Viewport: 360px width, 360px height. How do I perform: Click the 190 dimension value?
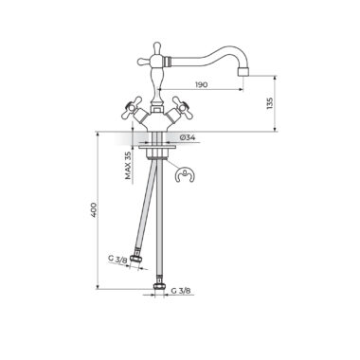click(202, 85)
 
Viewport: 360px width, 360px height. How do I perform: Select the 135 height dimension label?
click(270, 103)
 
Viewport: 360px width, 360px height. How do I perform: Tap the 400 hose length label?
click(94, 209)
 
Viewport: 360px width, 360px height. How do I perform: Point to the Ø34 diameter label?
click(188, 137)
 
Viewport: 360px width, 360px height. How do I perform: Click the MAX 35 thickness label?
click(128, 165)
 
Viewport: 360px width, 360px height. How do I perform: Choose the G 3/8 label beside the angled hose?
click(117, 259)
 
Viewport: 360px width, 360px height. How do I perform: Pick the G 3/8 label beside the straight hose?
click(181, 291)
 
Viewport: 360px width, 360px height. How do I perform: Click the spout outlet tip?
click(243, 72)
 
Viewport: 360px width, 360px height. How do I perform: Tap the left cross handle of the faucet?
click(130, 107)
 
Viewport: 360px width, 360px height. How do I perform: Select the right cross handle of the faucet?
click(183, 107)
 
